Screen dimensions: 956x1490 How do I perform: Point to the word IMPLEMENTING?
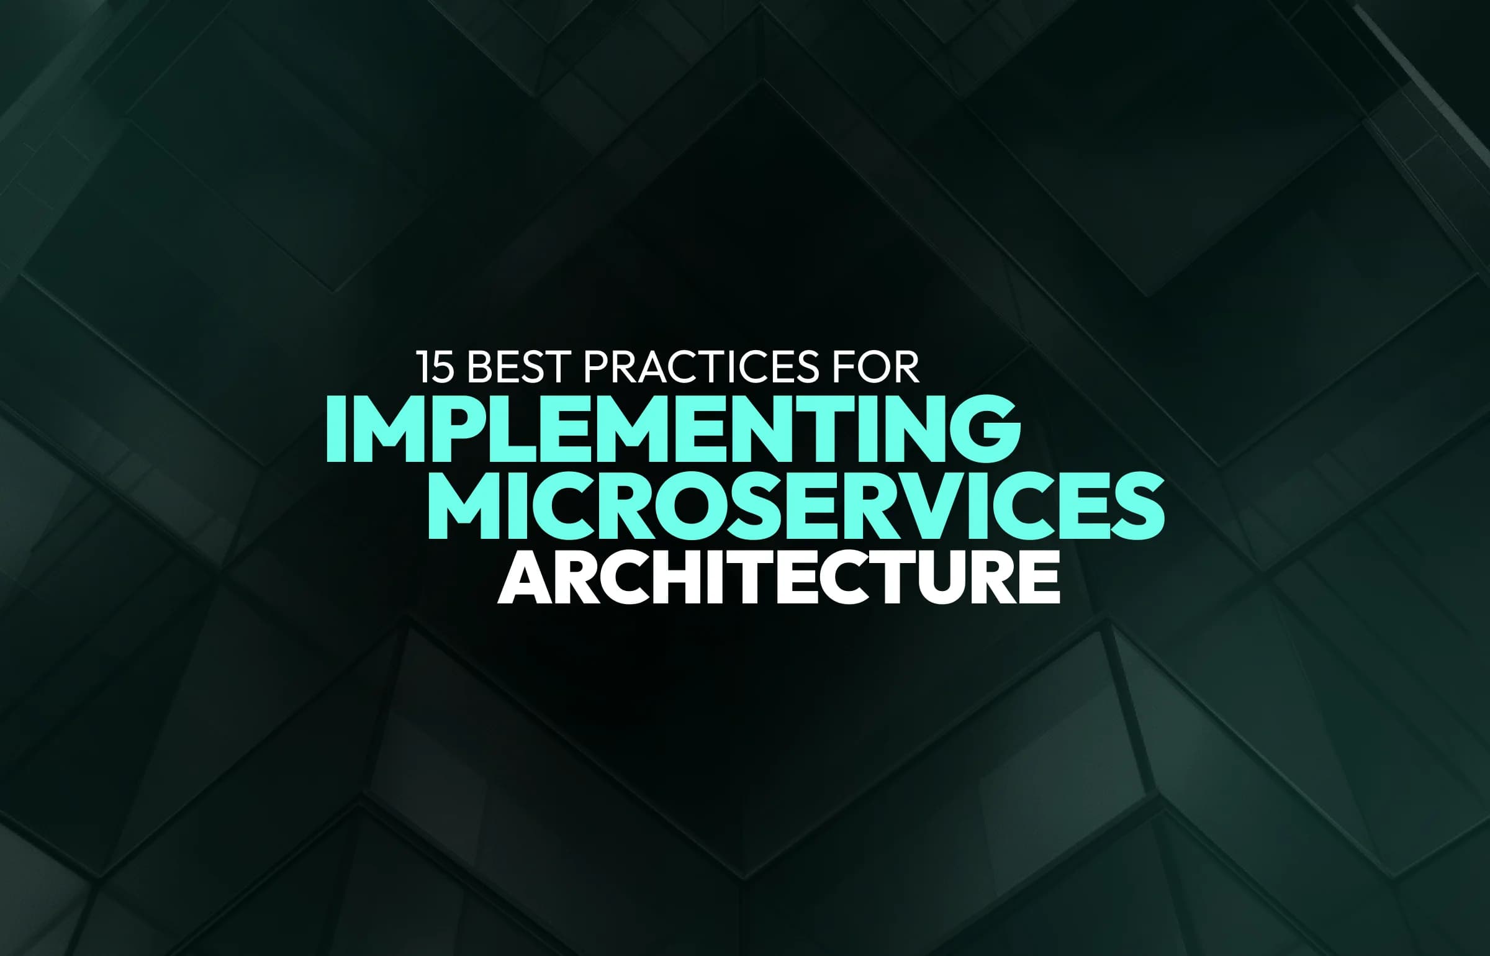[x=673, y=430]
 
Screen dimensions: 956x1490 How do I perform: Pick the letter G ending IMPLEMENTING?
[x=984, y=430]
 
